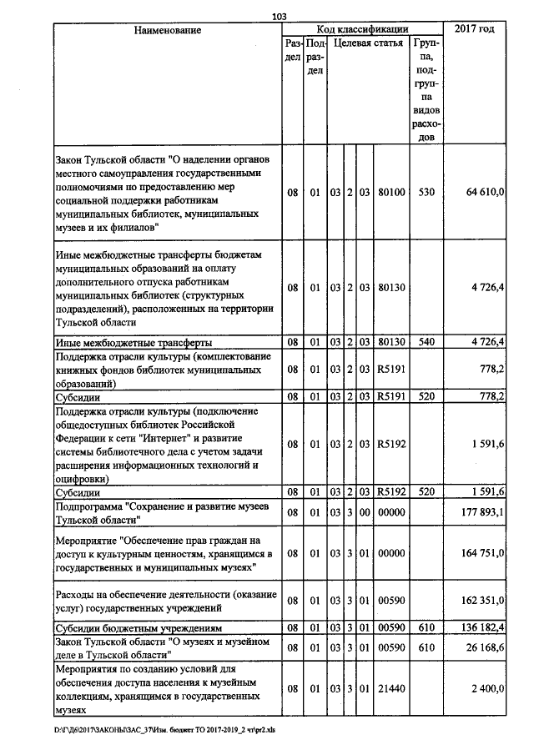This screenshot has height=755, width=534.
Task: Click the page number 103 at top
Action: point(279,16)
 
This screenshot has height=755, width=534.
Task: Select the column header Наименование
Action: point(168,30)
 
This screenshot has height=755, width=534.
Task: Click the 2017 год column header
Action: point(474,29)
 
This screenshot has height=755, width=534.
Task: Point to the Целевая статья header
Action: point(368,43)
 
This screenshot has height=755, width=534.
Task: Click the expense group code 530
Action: point(426,193)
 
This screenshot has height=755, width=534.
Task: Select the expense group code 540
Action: point(426,342)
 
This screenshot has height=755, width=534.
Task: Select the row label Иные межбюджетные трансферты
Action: point(133,342)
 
